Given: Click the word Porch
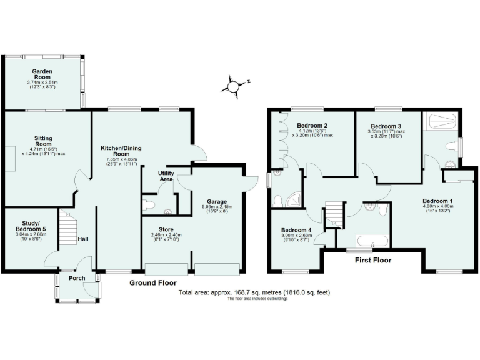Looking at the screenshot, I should pos(77,278).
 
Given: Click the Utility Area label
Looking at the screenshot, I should pos(166,176).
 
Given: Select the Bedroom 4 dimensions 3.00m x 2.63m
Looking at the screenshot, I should pos(296,235).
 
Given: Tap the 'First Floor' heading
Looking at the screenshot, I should pos(373,260).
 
